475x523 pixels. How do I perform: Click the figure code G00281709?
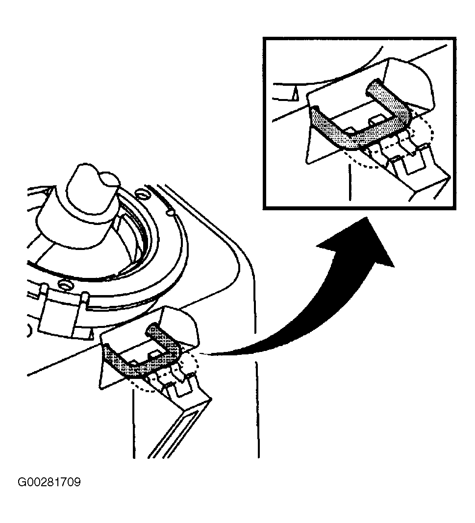click(49, 482)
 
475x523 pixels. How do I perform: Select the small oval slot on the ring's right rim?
click(170, 211)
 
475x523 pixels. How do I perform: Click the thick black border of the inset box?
click(360, 38)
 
